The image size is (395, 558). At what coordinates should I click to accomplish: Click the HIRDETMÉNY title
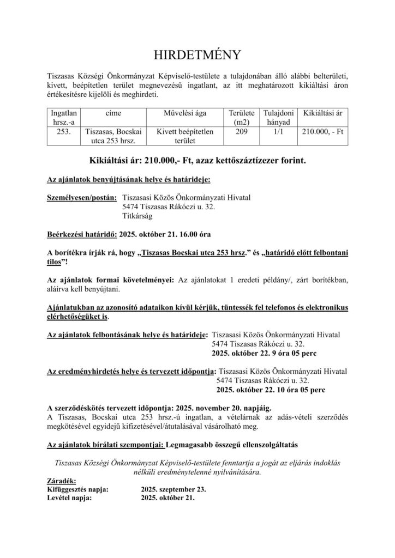pos(197,56)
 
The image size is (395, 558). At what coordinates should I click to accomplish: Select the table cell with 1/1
pos(278,131)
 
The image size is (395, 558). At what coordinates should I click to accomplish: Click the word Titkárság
pos(139,216)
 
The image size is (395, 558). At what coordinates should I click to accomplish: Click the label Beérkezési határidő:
pos(82,234)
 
